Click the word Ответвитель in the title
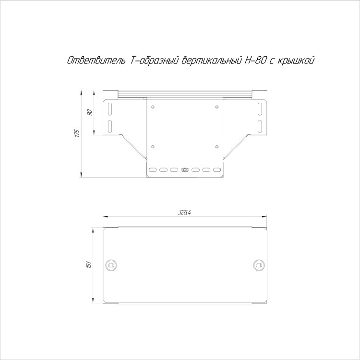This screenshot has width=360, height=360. [96, 60]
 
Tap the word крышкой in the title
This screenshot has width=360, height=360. [296, 61]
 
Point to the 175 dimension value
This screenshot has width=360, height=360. [77, 133]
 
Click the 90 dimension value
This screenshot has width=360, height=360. [90, 112]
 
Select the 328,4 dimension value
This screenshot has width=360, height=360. [185, 212]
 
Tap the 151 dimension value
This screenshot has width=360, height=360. [90, 264]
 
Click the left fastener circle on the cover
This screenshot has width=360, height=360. [111, 265]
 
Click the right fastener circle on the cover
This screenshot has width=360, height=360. [259, 265]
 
